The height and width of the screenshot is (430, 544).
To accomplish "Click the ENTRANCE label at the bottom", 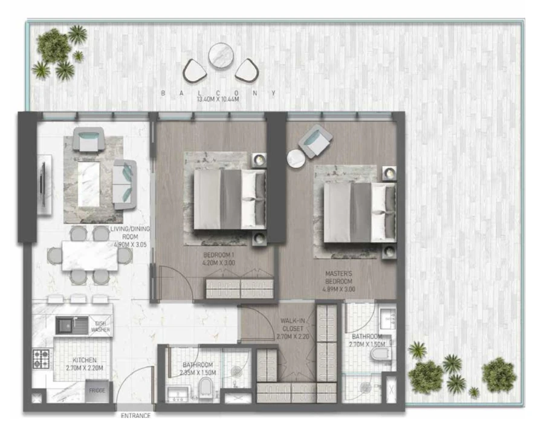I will click(135, 415).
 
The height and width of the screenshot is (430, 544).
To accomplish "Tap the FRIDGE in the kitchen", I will click(97, 390).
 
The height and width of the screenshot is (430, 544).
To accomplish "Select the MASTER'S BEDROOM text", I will click(338, 282).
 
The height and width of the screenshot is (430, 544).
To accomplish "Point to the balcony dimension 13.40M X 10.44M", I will click(219, 99).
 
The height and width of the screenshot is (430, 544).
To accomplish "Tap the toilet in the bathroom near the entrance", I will click(206, 388).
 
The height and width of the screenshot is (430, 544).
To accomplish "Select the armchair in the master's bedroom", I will click(316, 141).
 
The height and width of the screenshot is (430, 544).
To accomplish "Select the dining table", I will click(89, 256).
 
